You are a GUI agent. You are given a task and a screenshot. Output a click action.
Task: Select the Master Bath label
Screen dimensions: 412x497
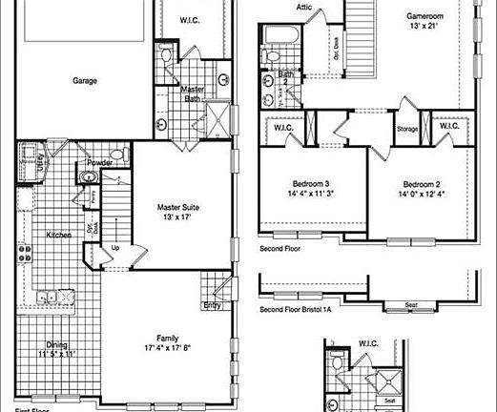(197, 93)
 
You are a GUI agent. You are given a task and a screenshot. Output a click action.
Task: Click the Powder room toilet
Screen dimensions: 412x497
(116, 154)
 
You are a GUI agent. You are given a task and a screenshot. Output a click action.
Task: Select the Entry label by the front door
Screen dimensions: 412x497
(212, 306)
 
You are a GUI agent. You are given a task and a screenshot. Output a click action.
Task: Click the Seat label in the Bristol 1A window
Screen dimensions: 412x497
(411, 305)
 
